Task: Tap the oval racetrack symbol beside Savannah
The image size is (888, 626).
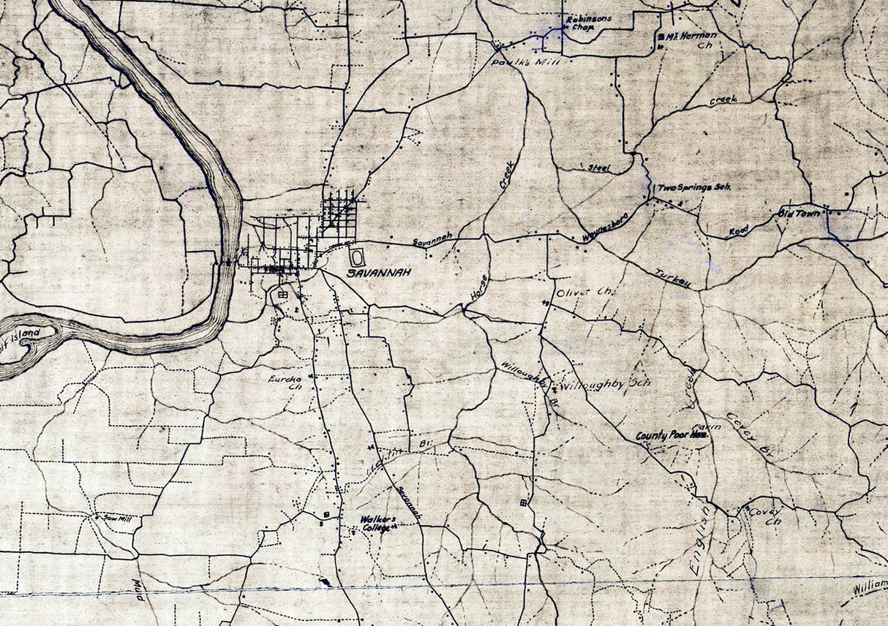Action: pyautogui.click(x=357, y=257)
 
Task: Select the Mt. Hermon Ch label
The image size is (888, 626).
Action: pyautogui.click(x=691, y=39)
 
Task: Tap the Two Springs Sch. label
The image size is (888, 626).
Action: pyautogui.click(x=694, y=188)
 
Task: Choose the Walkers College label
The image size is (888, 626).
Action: pyautogui.click(x=377, y=524)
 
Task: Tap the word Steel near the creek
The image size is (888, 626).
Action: pyautogui.click(x=599, y=167)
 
